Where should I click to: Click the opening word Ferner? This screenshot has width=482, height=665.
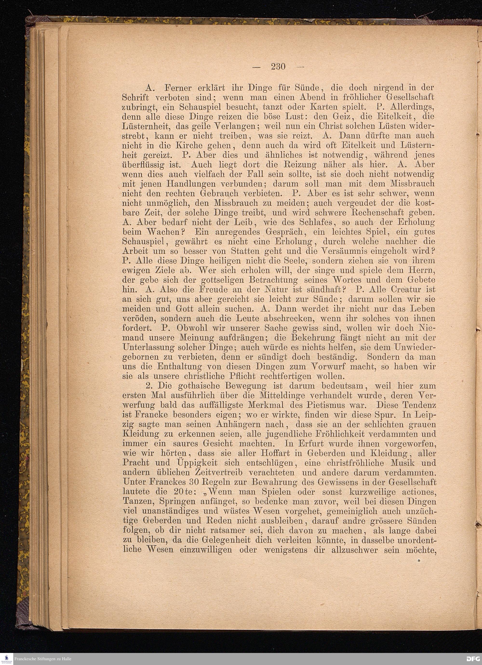[178, 88]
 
